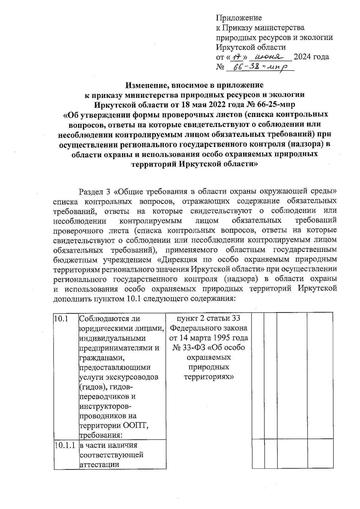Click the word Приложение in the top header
(x=239, y=18)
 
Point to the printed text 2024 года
(x=311, y=57)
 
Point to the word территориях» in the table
(x=209, y=377)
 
